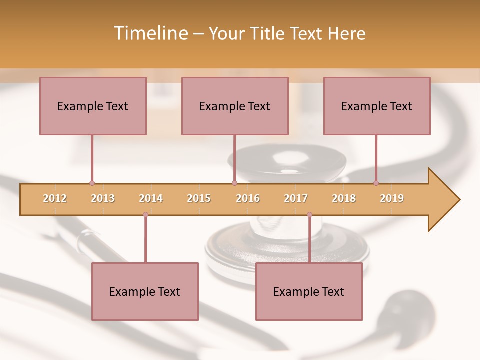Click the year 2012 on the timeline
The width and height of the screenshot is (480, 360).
coord(55,198)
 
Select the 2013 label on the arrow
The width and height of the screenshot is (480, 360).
coord(103,198)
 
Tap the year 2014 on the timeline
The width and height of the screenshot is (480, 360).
coord(151,198)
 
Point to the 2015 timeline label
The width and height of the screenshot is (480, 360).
coord(199,198)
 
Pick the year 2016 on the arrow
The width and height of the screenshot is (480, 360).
coord(248,198)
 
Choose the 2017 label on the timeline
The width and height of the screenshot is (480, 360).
coord(296,198)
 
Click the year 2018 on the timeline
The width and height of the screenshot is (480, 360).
coord(344,198)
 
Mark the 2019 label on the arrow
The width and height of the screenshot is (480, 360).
coord(392,198)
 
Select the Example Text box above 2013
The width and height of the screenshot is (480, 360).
coord(93,106)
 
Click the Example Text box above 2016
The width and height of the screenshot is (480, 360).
coord(235,106)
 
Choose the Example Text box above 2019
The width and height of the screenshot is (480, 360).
coord(377,106)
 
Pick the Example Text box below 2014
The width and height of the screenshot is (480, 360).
coord(145,291)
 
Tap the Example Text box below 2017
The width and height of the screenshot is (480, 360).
coord(309,291)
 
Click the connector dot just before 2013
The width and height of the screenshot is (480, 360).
coord(92,183)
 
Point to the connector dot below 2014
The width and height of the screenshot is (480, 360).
coord(145,215)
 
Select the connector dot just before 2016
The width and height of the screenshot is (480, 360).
coord(234,183)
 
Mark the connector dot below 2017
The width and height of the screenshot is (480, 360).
coord(309,215)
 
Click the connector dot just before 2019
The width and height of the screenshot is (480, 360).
coord(376,183)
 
